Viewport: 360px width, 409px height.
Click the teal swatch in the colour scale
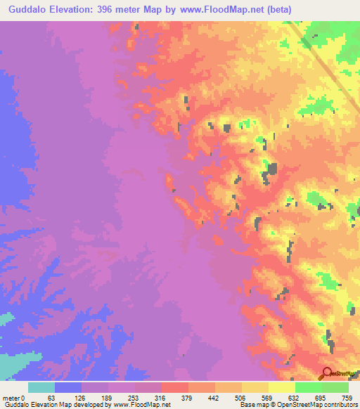point(41,387)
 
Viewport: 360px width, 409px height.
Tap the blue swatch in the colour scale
point(68,387)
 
